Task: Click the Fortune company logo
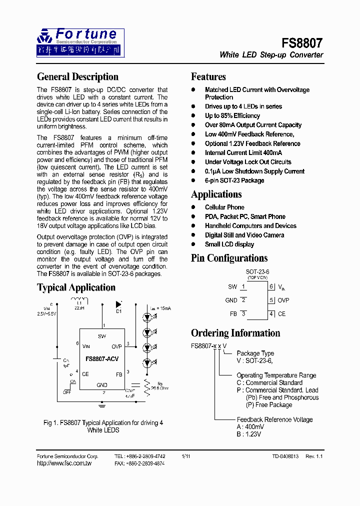coord(80,42)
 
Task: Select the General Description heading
coord(77,77)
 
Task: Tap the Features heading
coord(208,77)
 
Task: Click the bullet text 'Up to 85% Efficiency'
coord(232,116)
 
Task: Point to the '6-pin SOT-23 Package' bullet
coord(234,180)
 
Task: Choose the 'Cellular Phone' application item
coord(224,207)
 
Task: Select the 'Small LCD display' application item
coord(229,244)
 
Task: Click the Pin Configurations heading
coord(229,258)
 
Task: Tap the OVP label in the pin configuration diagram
coord(283,300)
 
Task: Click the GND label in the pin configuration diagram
coord(231,300)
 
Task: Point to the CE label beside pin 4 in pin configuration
coord(282,314)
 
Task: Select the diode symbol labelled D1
coord(118,304)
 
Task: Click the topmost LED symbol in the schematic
coord(146,317)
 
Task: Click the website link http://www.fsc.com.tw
coord(64,463)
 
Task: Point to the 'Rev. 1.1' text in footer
coord(314,456)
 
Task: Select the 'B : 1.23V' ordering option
coord(248,434)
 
